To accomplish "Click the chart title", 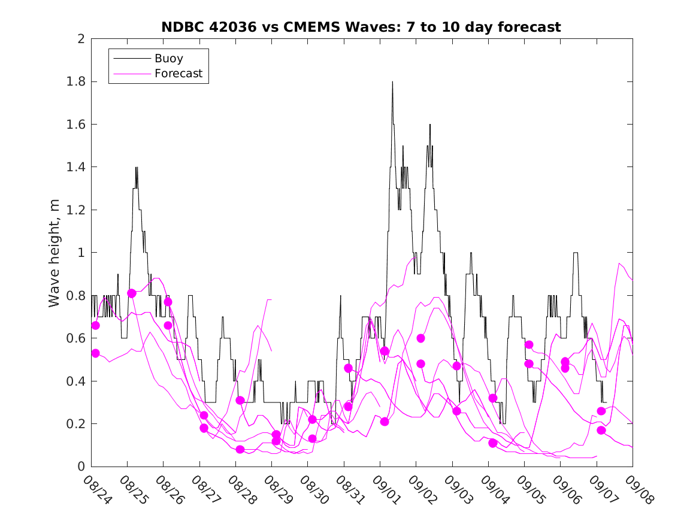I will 361,27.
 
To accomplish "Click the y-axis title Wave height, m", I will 55,253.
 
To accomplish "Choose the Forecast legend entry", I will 178,74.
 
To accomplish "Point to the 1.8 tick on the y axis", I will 78,81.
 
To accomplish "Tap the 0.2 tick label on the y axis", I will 78,424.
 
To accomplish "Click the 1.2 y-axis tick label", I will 78,210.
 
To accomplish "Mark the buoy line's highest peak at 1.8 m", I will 392,82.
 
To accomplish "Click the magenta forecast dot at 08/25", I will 132,293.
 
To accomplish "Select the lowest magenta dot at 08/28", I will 240,450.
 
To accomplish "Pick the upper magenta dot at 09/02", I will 420,338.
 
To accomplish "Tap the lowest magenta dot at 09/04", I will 493,443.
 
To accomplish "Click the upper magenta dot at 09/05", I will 529,345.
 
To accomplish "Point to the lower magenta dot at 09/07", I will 601,431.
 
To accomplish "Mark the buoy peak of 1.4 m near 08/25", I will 137,168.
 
